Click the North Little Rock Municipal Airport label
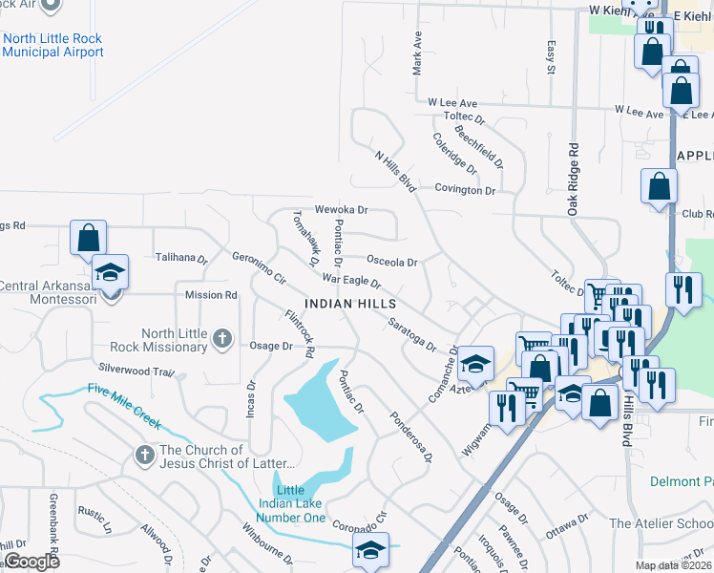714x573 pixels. tap(52, 45)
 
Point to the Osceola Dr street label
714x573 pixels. tap(392, 262)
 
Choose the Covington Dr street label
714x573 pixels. tap(466, 190)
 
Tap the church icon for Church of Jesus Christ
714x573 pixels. tap(145, 452)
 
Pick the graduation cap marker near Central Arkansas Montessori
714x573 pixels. tap(111, 275)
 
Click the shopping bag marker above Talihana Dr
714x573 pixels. tap(88, 237)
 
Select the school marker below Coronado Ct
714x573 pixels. tap(370, 550)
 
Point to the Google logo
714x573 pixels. tap(32, 561)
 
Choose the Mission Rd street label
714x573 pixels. tap(211, 295)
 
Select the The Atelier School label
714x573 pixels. tap(660, 523)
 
